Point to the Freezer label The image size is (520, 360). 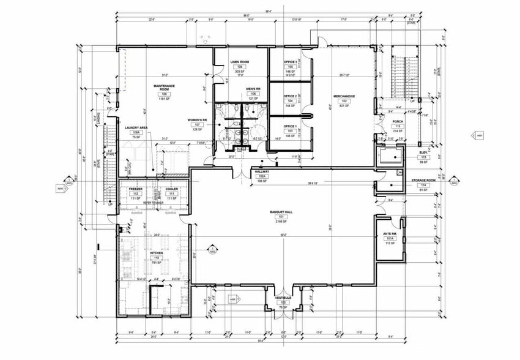[136, 189]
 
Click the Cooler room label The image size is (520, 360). [171, 189]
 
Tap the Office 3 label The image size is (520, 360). [290, 62]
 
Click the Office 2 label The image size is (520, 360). [290, 96]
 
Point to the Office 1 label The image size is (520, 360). [290, 126]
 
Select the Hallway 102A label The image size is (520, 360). [262, 172]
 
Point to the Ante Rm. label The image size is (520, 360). [390, 233]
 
